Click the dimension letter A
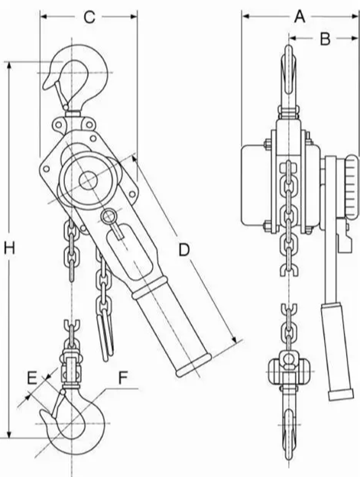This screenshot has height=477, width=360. coord(300,16)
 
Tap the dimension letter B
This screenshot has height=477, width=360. coord(325,39)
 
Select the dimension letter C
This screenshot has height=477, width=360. coord(89,17)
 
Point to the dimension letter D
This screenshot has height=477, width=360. coord(184,250)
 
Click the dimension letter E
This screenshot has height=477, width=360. coord(32,378)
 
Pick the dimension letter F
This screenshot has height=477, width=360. coord(123,378)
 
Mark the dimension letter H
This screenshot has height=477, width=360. coord(9,248)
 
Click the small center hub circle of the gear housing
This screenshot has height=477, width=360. coord(89,180)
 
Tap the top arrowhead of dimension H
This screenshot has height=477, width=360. coord(9,66)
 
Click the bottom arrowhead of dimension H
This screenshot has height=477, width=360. coord(9,434)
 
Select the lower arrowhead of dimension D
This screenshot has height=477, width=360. coord(234,339)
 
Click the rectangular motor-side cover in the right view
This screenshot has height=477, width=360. coord(256,186)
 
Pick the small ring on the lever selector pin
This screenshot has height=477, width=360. coord(108,216)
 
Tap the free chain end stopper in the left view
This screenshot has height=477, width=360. coord(105,335)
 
